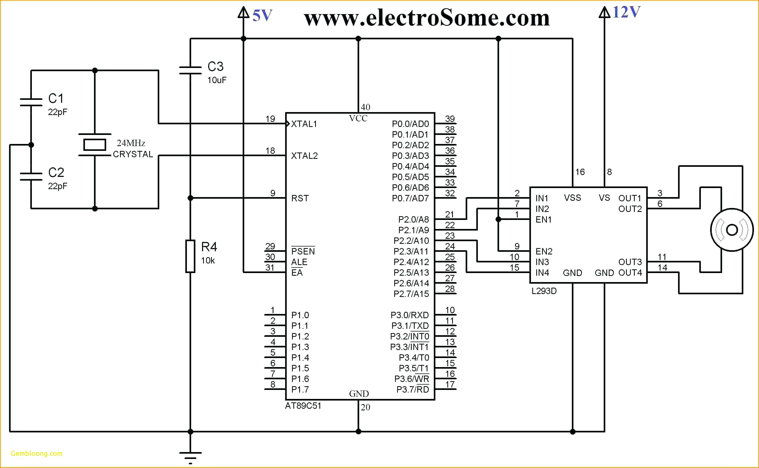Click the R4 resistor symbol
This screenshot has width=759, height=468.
click(x=190, y=256)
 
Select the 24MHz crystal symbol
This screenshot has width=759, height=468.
click(x=95, y=144)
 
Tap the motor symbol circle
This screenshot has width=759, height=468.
click(x=732, y=230)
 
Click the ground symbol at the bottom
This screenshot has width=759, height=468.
click(x=190, y=457)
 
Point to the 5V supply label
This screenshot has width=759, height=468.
click(x=262, y=15)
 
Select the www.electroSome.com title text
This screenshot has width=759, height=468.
click(x=427, y=18)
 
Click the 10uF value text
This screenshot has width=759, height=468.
click(x=217, y=80)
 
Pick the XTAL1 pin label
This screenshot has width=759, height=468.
click(x=304, y=124)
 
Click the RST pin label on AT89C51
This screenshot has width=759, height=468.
click(x=300, y=198)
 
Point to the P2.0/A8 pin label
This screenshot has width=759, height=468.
click(x=414, y=219)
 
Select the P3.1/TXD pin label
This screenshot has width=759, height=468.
click(x=410, y=326)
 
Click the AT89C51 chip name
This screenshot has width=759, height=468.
click(x=303, y=406)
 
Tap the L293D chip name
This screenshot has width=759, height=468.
click(x=544, y=291)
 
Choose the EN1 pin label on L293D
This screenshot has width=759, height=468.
click(x=543, y=219)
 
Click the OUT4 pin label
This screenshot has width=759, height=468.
click(x=630, y=273)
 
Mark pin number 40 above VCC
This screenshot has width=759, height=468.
click(x=365, y=107)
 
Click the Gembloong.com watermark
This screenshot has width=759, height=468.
click(x=36, y=453)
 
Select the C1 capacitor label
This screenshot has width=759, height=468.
click(x=56, y=99)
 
